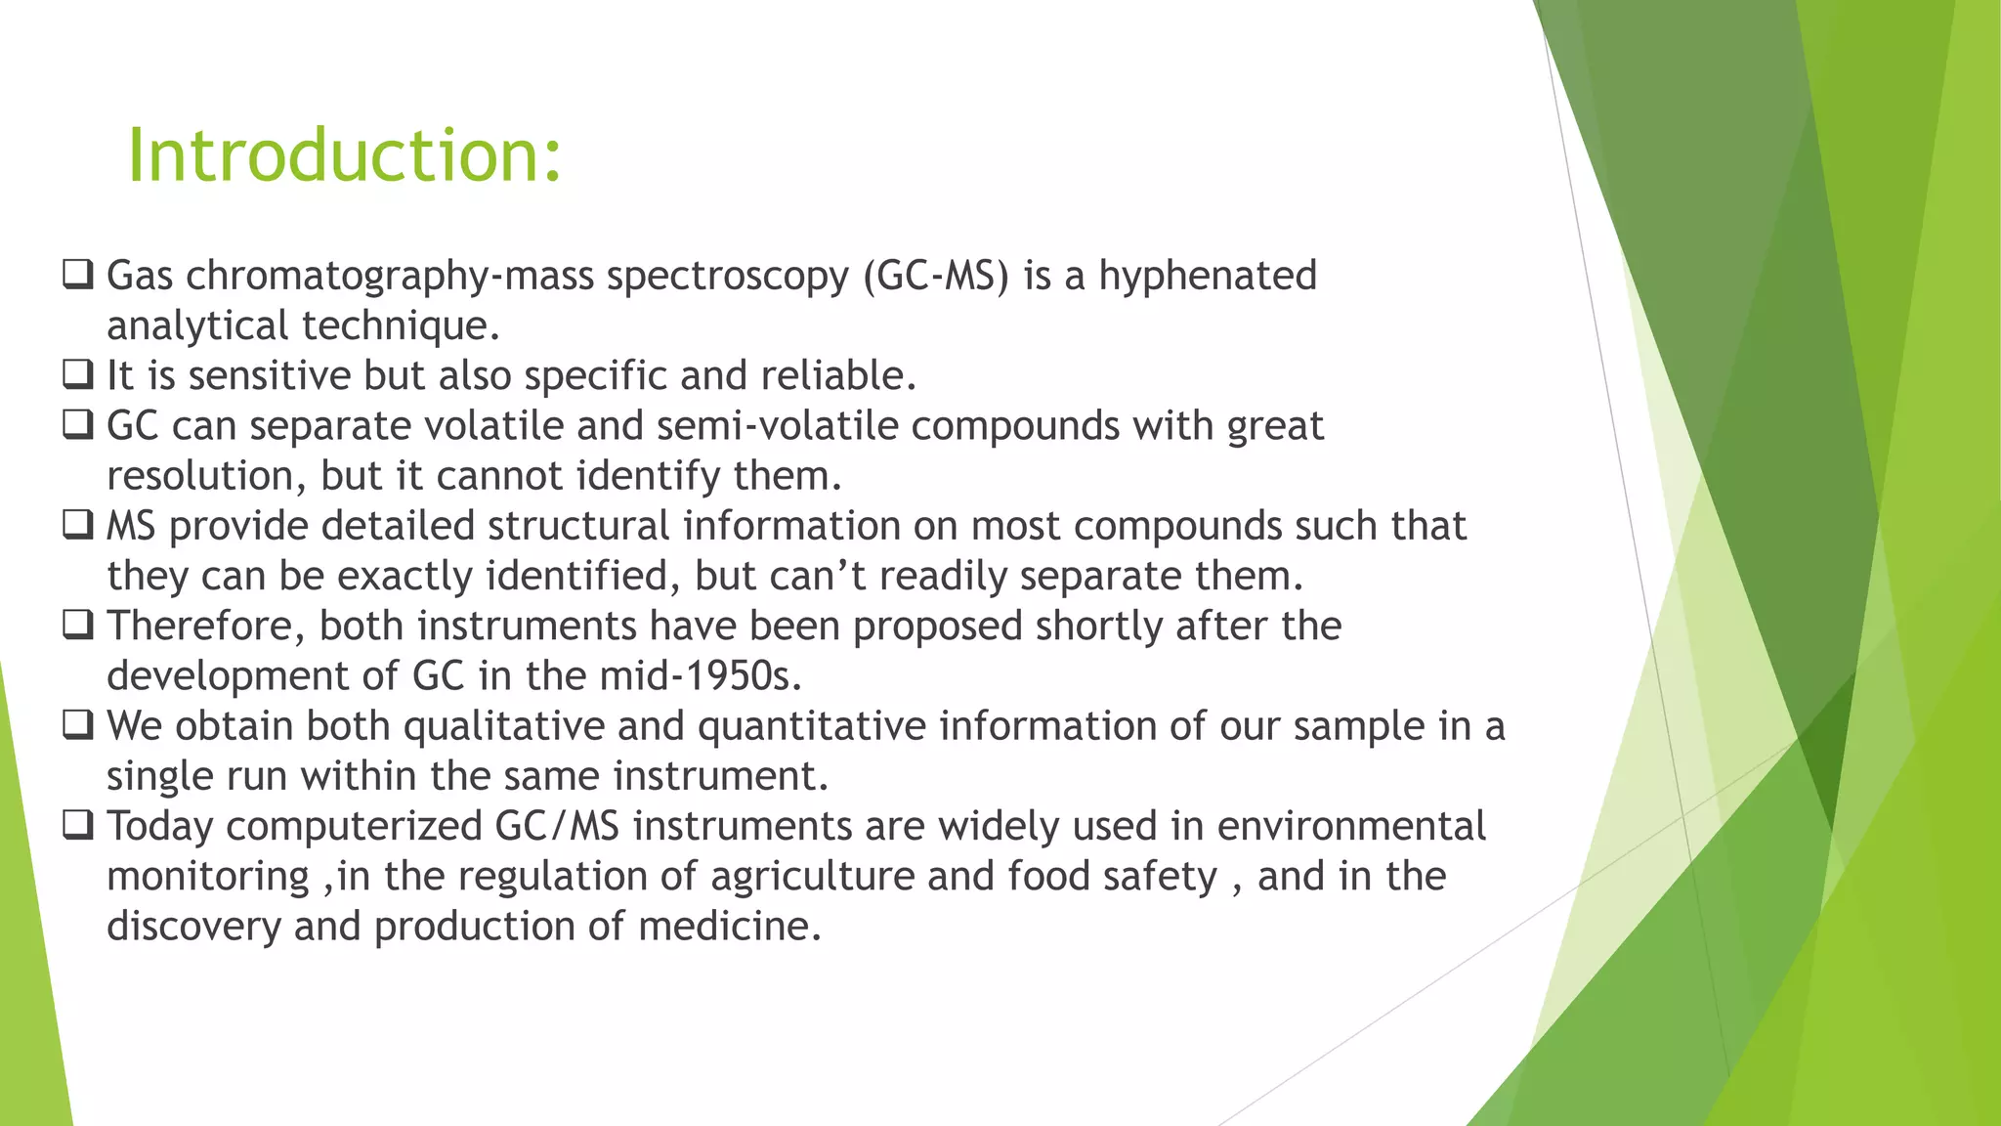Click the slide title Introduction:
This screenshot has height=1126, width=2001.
click(345, 155)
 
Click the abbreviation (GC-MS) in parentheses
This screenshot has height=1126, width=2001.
click(935, 277)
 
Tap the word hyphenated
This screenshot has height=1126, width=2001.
click(1208, 277)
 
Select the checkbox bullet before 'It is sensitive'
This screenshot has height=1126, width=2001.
click(78, 374)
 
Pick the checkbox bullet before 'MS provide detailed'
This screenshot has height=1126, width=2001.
click(78, 525)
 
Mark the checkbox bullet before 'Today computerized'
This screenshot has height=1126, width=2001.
click(78, 825)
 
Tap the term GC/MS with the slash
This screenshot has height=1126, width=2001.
click(557, 827)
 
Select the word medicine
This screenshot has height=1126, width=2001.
click(729, 927)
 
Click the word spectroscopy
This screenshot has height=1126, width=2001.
click(728, 277)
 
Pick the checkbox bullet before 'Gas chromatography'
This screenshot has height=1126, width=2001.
click(78, 275)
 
